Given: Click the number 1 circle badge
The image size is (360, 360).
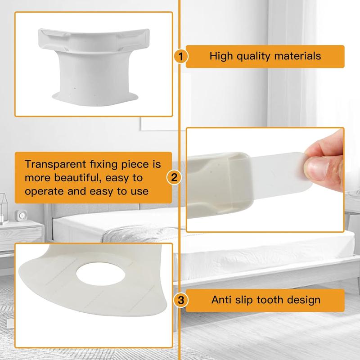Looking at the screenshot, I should pyautogui.click(x=180, y=56).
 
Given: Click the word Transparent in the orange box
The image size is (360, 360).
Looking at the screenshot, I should pyautogui.click(x=53, y=165).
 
